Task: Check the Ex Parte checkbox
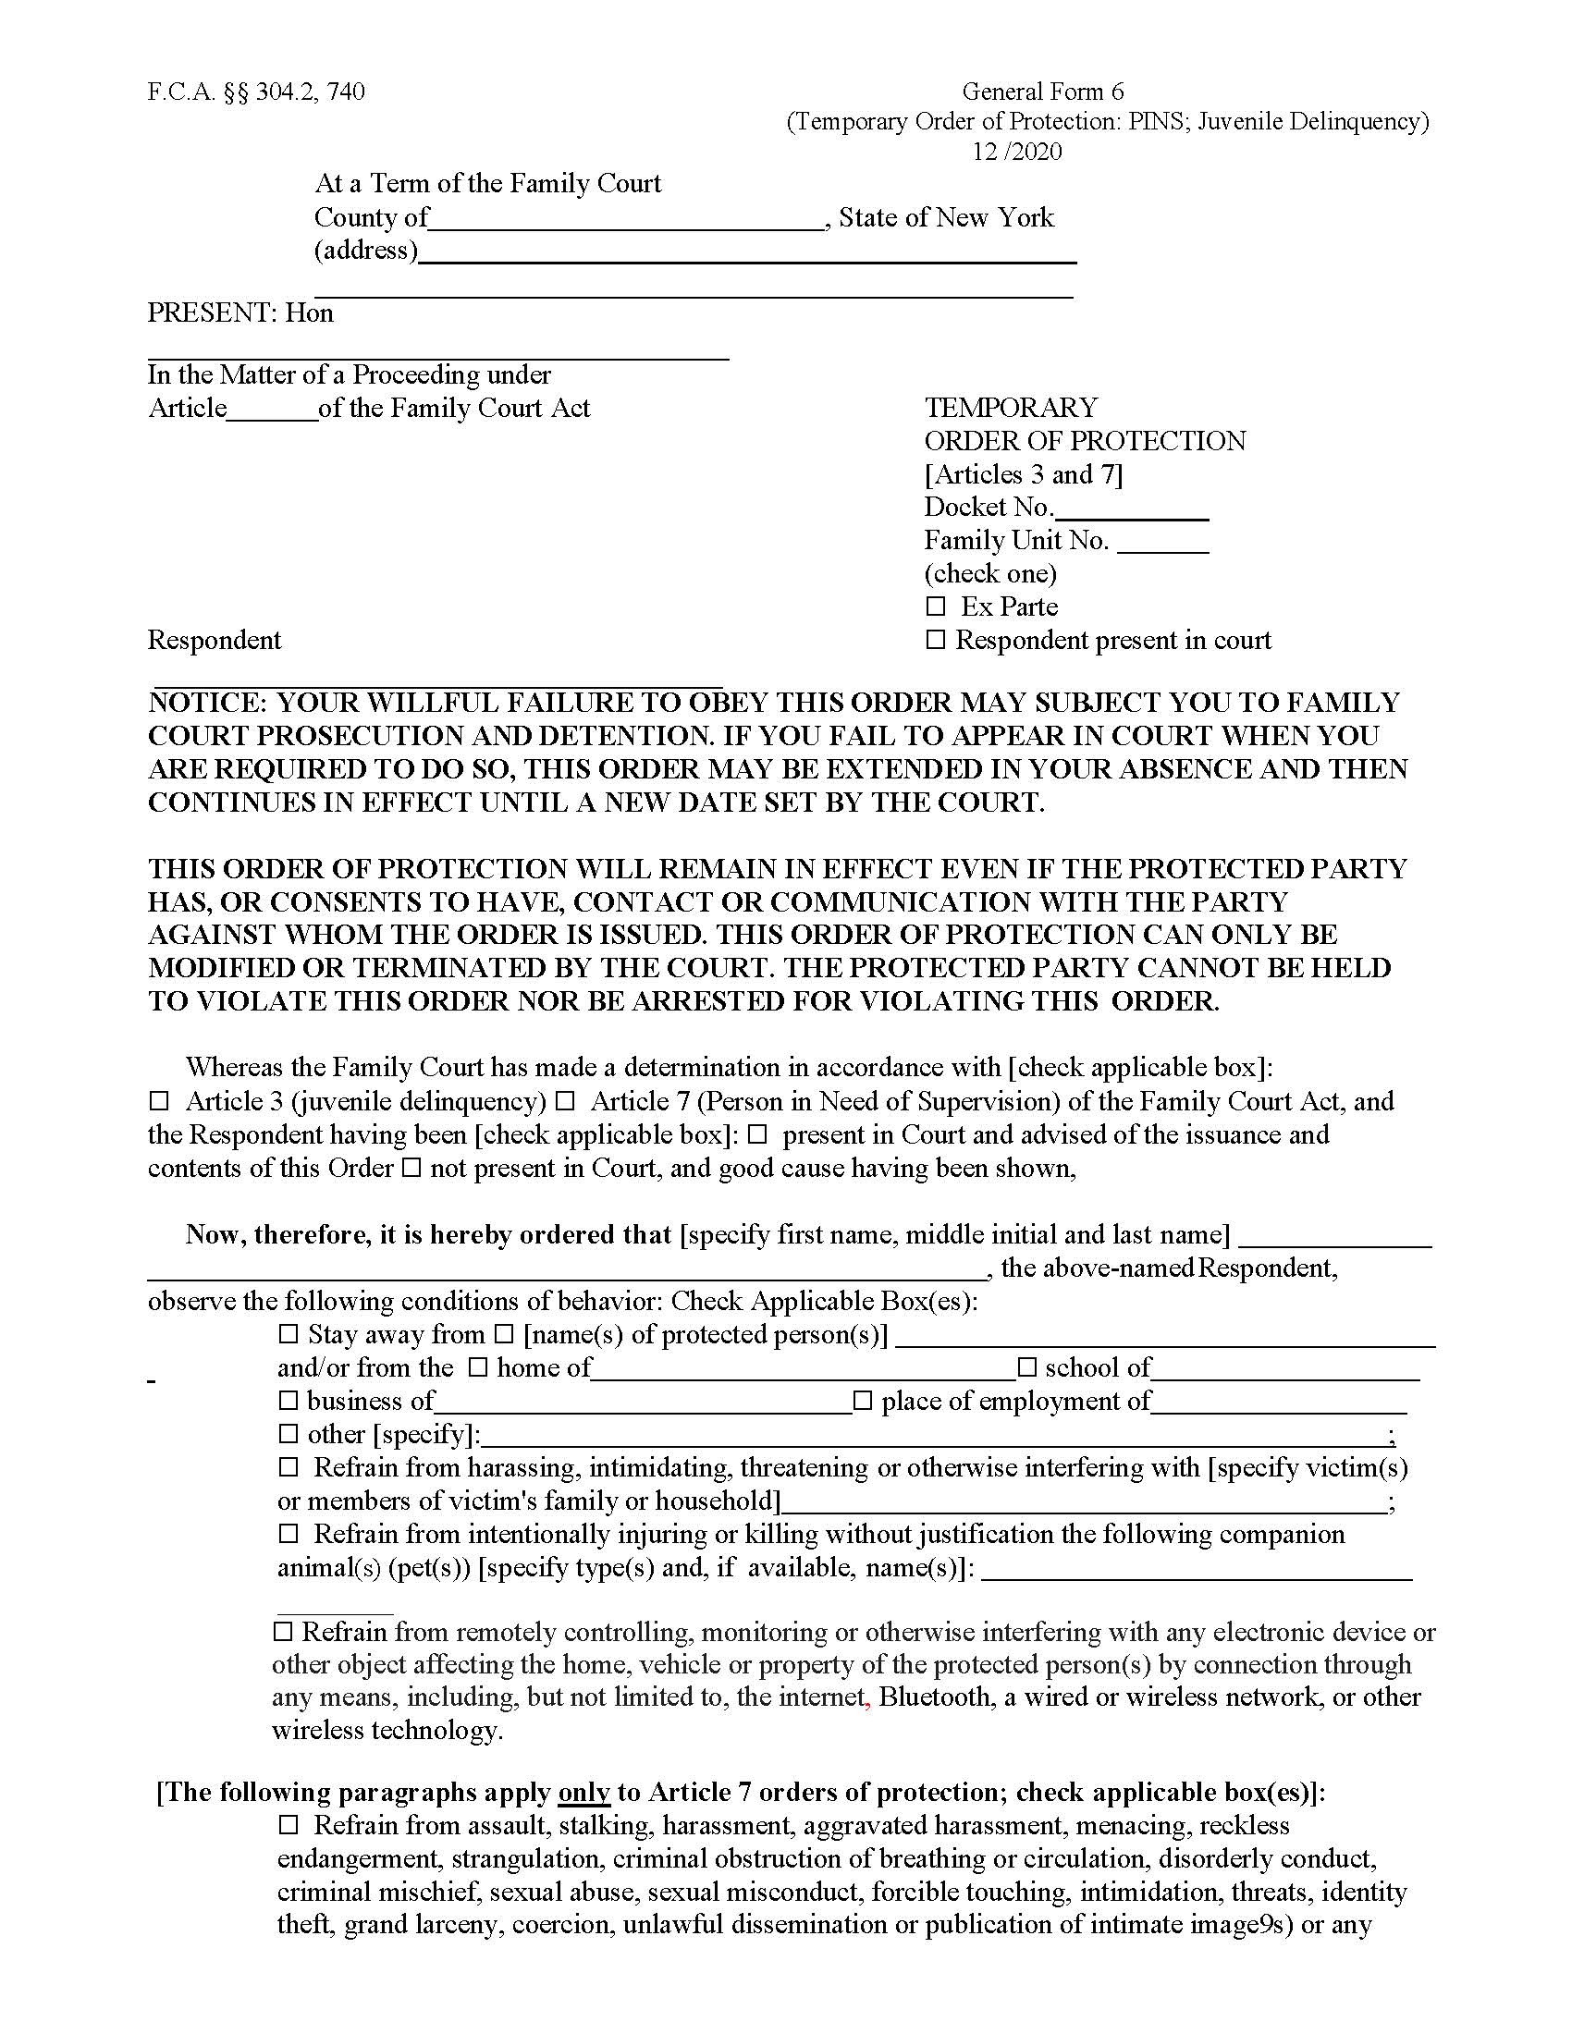(935, 607)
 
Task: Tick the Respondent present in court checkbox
(935, 641)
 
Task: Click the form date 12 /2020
(1017, 152)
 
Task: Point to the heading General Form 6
(1042, 92)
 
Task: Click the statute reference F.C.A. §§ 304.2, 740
(256, 92)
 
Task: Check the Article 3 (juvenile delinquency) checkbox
(159, 1102)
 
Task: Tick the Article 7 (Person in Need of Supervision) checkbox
(564, 1102)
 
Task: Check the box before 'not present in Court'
(411, 1169)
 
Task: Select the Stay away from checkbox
(288, 1334)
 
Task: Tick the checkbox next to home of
(478, 1368)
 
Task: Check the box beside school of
(1026, 1368)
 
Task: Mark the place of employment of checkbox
(863, 1401)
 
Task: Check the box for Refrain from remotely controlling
(283, 1632)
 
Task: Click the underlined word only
(583, 1793)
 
